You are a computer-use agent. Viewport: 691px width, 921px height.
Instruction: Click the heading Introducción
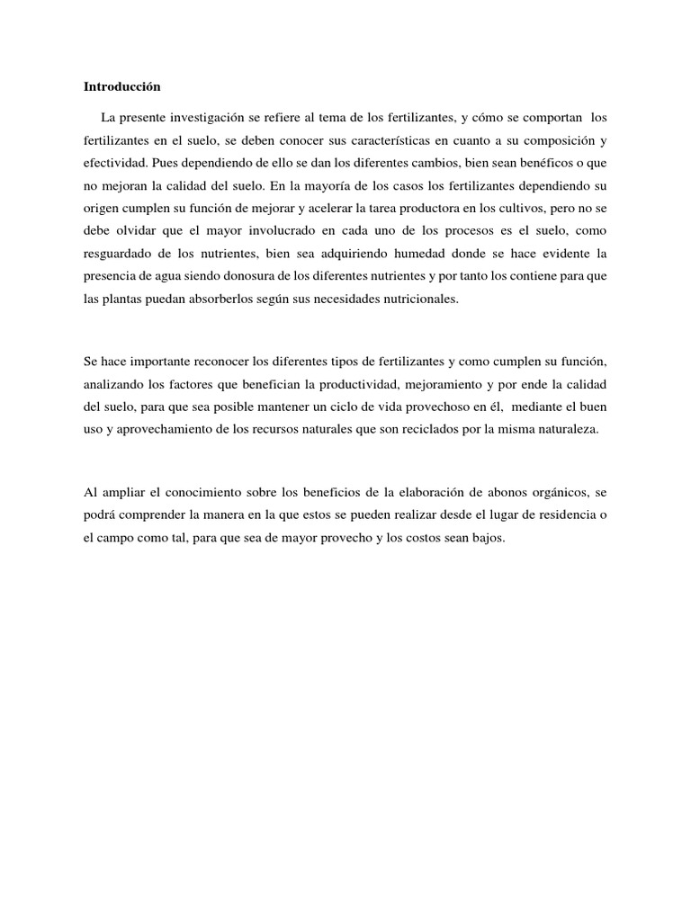121,87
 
